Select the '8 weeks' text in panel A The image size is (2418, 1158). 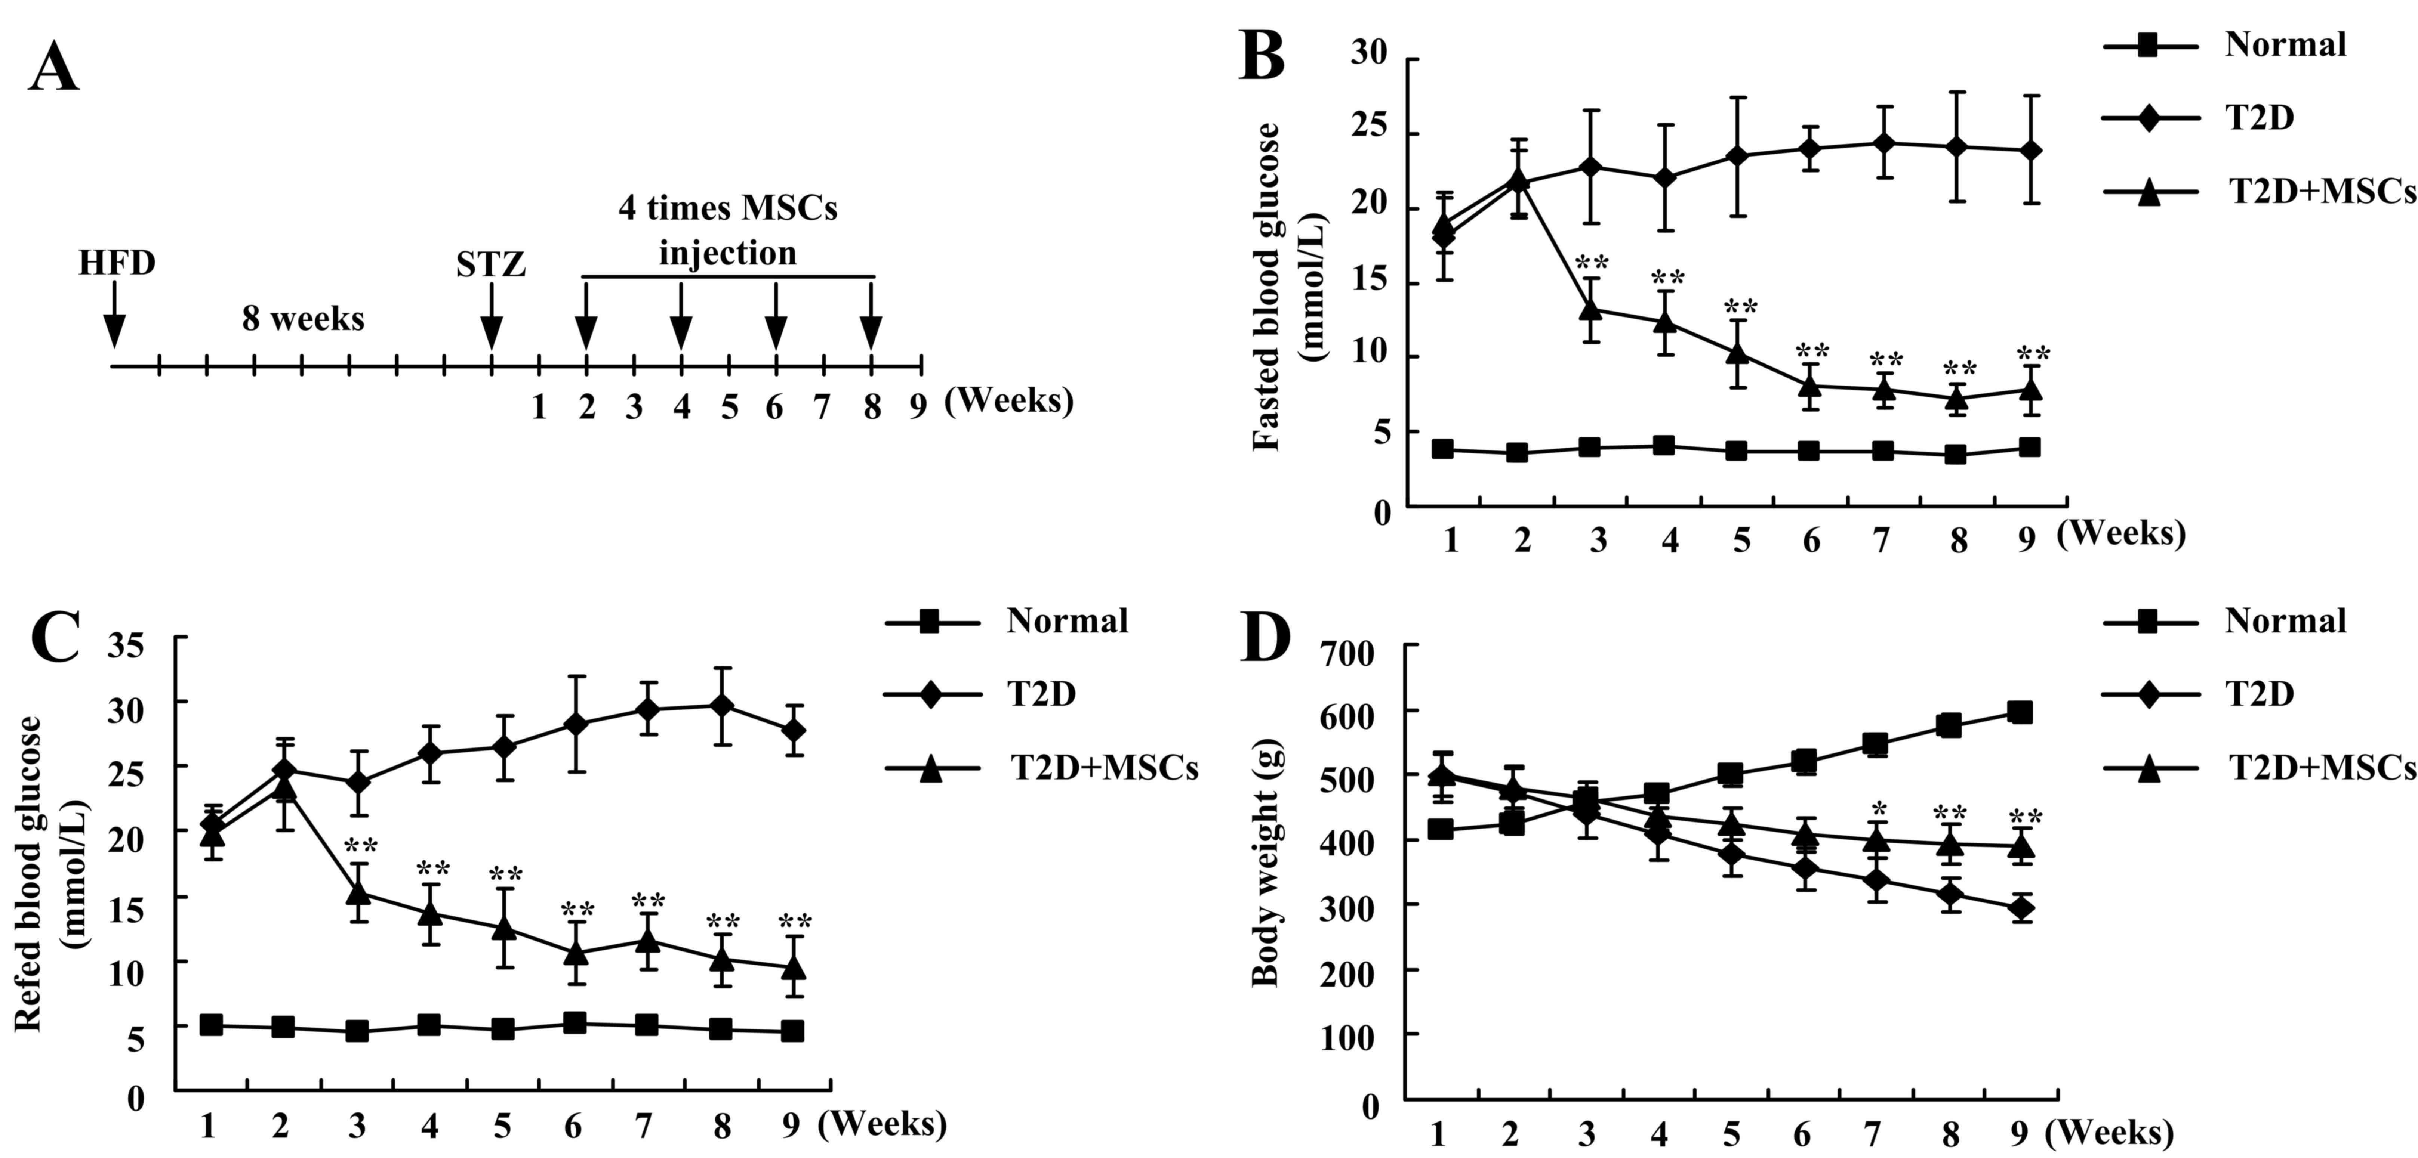pos(303,319)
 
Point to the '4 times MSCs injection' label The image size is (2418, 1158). pos(727,230)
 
